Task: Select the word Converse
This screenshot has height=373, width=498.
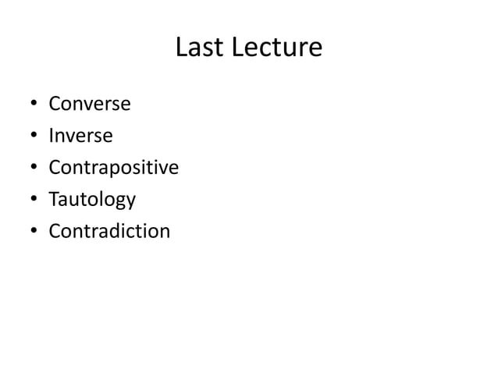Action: pos(90,104)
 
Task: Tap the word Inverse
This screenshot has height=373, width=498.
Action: pos(80,136)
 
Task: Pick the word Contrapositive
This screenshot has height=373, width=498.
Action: pos(113,168)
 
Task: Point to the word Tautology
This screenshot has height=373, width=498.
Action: pos(92,200)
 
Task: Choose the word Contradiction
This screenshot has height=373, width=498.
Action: pos(108,232)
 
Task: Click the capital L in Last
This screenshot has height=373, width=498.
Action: pos(181,48)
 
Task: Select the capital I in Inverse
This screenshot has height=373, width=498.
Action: pos(52,136)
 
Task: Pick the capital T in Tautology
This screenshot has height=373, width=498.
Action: pos(54,200)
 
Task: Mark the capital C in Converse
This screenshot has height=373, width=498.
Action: pos(55,104)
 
